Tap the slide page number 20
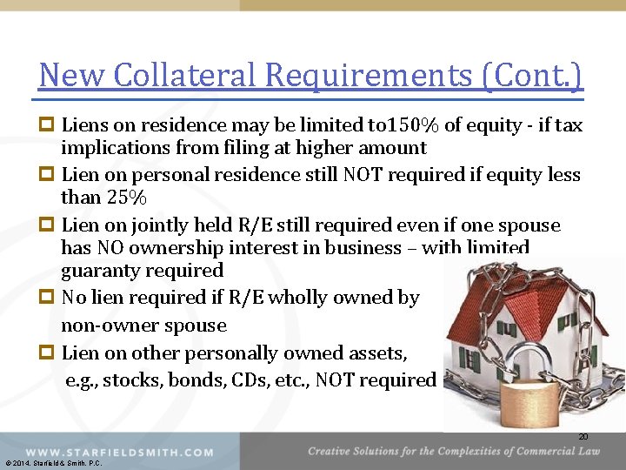[x=583, y=437]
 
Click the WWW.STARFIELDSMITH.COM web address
[x=119, y=453]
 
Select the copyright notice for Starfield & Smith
[x=53, y=464]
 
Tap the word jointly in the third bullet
[x=152, y=225]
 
